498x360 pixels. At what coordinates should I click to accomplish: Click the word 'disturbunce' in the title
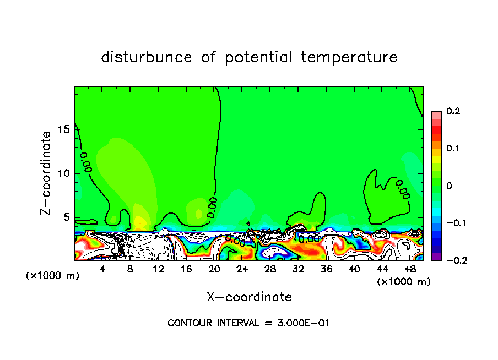click(147, 57)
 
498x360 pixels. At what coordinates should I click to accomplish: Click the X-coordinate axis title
click(249, 297)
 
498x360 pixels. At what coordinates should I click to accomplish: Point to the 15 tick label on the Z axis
click(65, 128)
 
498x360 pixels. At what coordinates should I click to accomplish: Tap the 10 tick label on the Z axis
click(65, 173)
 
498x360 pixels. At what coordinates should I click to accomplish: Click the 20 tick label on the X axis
click(214, 269)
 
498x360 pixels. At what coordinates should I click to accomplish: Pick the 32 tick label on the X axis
click(298, 269)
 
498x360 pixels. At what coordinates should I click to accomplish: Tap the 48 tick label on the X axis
click(410, 269)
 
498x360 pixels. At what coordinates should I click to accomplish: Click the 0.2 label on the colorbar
click(453, 111)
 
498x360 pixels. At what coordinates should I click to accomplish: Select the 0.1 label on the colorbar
click(453, 149)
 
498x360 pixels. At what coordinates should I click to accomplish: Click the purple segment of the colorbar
click(437, 256)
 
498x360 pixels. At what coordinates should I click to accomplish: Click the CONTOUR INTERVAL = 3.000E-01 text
click(248, 323)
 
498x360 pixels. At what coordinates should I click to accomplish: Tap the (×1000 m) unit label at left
click(53, 276)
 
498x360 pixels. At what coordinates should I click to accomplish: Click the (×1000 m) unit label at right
click(404, 282)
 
